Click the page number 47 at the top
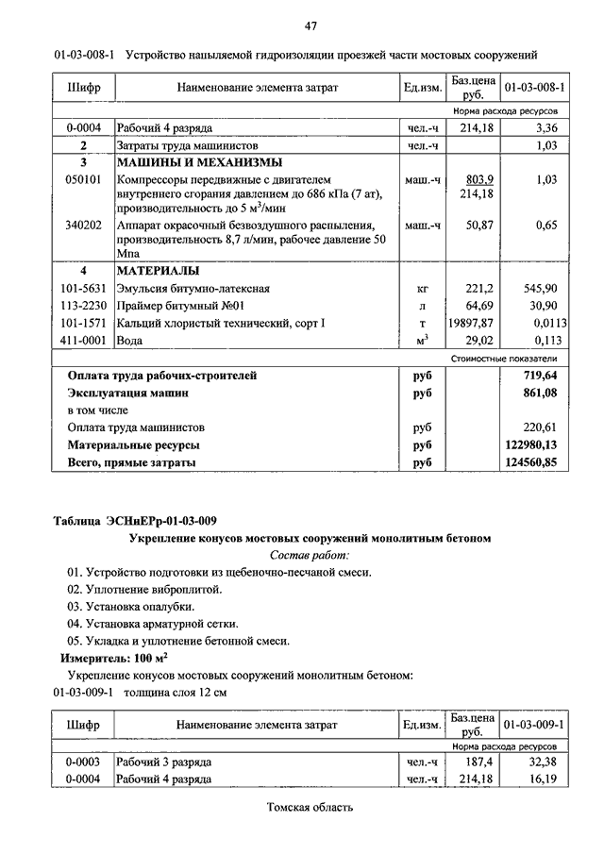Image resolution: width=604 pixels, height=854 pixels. pos(309,25)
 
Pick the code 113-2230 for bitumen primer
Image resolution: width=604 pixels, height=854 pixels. pos(83,306)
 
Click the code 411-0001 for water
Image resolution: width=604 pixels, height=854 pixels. pos(83,340)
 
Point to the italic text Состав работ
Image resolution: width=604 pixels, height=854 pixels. pos(310,555)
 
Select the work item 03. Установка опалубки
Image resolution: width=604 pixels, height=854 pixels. pos(131,606)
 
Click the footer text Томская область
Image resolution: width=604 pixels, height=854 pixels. pos(310,808)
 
